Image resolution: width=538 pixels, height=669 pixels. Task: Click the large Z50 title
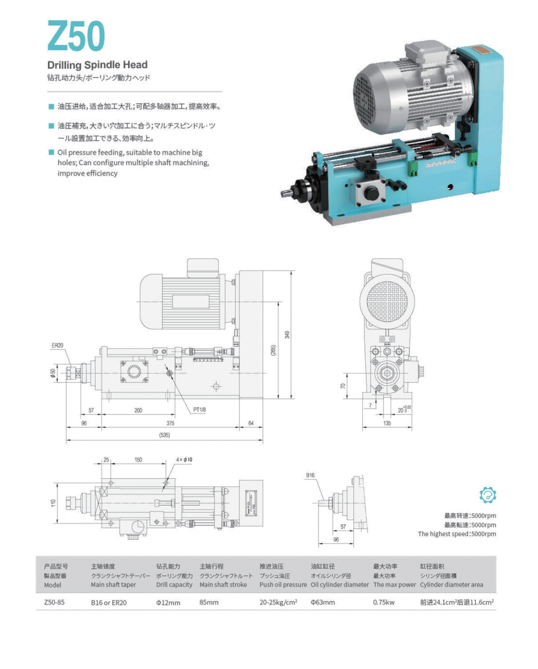[x=76, y=36]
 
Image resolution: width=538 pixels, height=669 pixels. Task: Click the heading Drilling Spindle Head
[x=97, y=65]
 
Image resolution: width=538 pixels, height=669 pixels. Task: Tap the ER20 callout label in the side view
[x=57, y=345]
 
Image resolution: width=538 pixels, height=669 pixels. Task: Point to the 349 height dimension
[x=287, y=334]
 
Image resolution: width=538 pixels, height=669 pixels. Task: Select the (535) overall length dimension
[x=164, y=435]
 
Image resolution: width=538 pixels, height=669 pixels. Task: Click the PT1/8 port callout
[x=199, y=410]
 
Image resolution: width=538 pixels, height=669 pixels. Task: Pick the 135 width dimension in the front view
[x=387, y=423]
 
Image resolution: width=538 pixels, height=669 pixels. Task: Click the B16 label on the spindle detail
[x=310, y=475]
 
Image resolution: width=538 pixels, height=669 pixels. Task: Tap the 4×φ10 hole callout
[x=184, y=459]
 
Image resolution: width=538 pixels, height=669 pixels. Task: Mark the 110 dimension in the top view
[x=53, y=503]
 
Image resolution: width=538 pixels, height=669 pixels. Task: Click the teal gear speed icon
[x=488, y=495]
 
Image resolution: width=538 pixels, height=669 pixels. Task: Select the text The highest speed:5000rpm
[x=457, y=534]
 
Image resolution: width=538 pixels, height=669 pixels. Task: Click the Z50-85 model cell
[x=54, y=602]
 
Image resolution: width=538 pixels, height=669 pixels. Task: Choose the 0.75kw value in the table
[x=384, y=602]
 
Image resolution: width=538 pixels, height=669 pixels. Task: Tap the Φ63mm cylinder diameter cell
[x=322, y=602]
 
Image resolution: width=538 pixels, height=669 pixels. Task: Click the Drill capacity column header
[x=174, y=584]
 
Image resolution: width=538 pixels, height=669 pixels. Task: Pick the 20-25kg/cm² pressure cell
[x=278, y=602]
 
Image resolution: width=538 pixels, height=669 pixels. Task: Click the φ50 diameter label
[x=53, y=373]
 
